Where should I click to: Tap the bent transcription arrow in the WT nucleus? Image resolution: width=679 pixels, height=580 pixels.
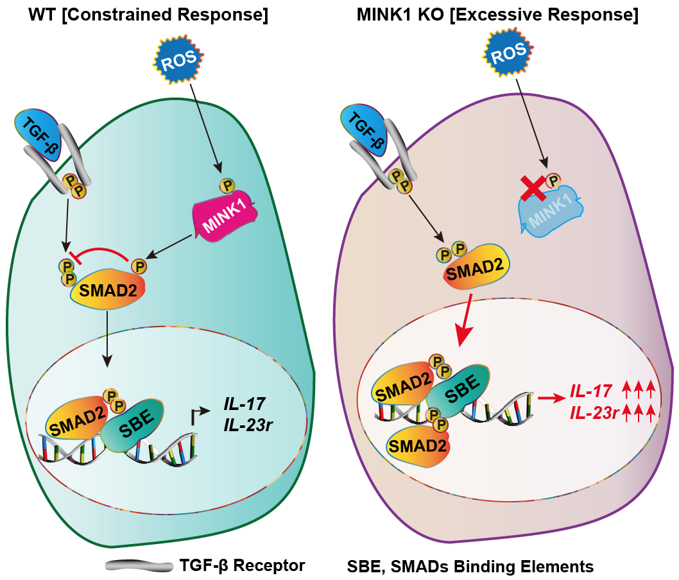[x=200, y=415]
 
